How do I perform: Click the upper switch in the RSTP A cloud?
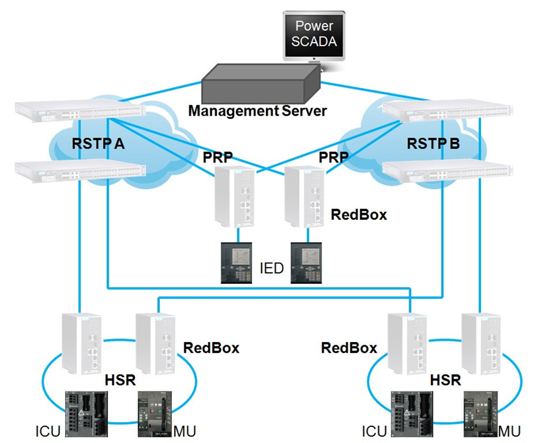(x=80, y=113)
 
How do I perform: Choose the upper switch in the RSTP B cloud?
(x=448, y=113)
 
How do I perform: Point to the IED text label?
(x=272, y=268)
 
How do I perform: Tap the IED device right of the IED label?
(x=307, y=262)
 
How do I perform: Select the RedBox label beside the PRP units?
(x=359, y=214)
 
